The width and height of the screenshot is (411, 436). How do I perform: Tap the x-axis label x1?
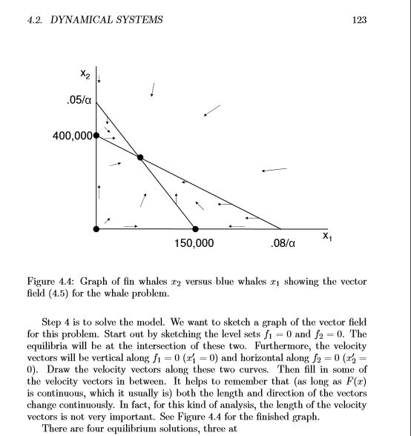coord(327,237)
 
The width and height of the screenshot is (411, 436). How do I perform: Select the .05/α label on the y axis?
coord(78,101)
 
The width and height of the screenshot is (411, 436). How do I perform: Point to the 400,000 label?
coord(72,136)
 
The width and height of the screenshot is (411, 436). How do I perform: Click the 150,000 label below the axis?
coord(195,243)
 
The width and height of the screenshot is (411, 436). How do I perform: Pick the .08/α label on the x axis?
coord(283,243)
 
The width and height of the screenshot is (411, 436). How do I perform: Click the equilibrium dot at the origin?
coord(96,229)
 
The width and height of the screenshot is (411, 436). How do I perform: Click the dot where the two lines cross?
coord(140,157)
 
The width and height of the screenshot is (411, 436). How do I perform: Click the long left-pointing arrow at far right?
coord(274,171)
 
